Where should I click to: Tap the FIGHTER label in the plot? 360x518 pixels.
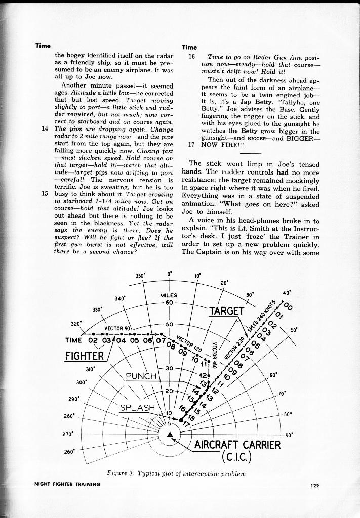(85, 355)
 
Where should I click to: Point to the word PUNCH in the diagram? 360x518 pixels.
(143, 376)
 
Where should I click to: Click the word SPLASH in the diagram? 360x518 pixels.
(137, 408)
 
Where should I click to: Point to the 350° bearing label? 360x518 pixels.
(141, 276)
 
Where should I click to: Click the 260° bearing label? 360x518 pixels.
(69, 452)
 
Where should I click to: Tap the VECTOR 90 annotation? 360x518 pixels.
(117, 327)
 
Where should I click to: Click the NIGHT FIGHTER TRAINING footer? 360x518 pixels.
(67, 484)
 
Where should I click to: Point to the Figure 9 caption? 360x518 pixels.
(176, 474)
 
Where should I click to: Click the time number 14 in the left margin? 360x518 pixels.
(44, 128)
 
